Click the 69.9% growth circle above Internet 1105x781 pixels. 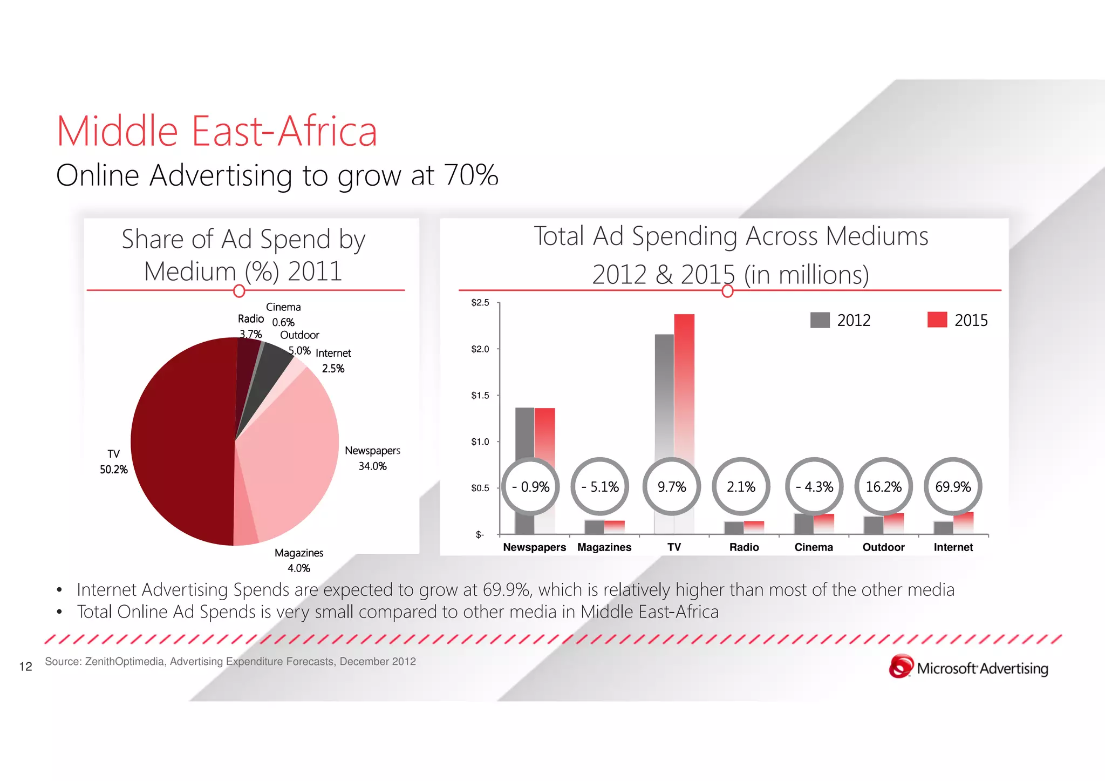(x=953, y=487)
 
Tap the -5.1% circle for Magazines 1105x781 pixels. (x=600, y=487)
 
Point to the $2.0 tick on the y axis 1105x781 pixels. (x=480, y=349)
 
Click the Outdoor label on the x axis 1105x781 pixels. (x=883, y=547)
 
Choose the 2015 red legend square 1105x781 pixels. (x=937, y=320)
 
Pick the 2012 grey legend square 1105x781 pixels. (x=820, y=320)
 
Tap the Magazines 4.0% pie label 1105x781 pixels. (x=299, y=560)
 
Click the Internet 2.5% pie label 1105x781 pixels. (x=333, y=361)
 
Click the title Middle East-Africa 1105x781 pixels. (x=217, y=131)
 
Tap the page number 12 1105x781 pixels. (x=26, y=667)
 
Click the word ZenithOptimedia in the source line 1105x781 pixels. (x=125, y=662)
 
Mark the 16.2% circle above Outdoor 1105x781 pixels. (x=883, y=487)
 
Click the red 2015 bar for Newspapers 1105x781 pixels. (x=545, y=432)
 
